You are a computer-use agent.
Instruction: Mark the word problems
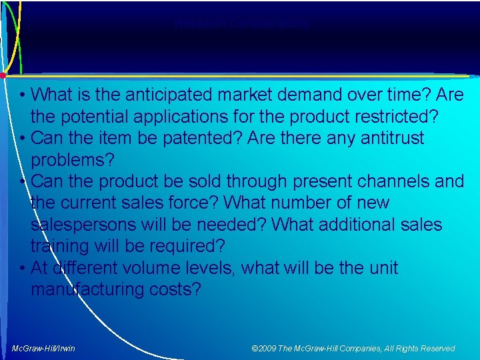[73, 160]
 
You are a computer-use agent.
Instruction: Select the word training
[63, 246]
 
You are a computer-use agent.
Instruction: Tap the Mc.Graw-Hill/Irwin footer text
[43, 348]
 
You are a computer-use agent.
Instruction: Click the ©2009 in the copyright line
[265, 348]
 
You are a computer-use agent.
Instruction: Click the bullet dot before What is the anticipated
[23, 95]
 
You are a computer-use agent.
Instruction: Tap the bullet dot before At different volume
[23, 268]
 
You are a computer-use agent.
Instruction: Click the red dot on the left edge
[3, 75]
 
